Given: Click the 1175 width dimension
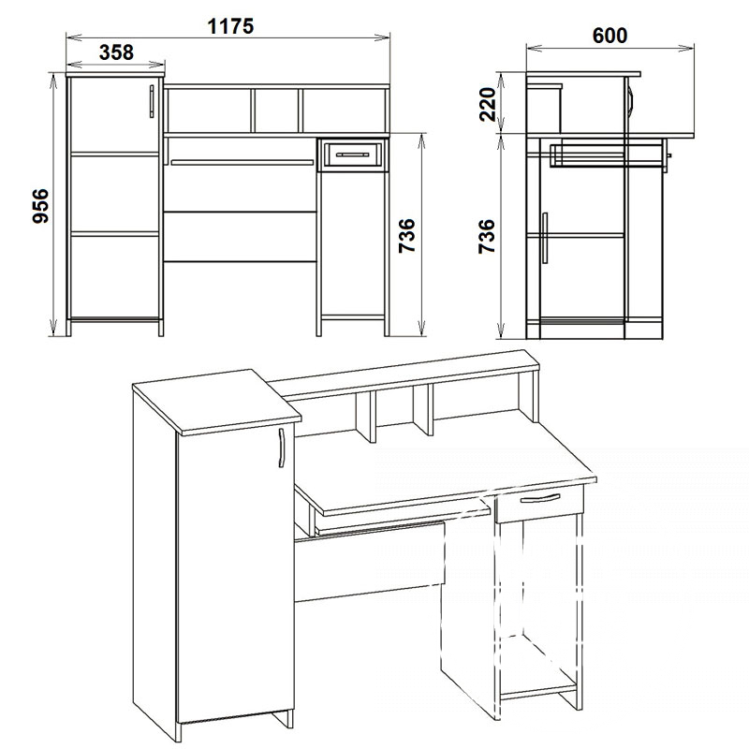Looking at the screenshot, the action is (230, 26).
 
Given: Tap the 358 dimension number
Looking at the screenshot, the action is (116, 52).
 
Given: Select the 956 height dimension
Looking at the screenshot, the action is (40, 205).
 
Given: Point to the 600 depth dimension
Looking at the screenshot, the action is (609, 36).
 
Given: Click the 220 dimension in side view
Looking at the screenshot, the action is (487, 104).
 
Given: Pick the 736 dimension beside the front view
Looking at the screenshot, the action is (407, 236).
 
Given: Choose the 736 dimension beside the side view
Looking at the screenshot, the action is (487, 236).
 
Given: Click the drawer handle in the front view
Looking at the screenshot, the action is (353, 154).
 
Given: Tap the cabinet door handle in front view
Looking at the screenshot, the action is (152, 101).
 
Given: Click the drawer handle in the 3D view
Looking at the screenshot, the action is (540, 498).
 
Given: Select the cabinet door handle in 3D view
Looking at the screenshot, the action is (281, 448).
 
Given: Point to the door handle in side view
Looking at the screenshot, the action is (545, 238).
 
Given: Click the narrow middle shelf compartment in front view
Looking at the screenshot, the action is (276, 110).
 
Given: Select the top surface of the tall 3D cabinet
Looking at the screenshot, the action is (216, 402).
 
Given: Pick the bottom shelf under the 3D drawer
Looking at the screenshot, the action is (540, 688).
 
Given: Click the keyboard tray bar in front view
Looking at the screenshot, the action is (242, 162).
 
